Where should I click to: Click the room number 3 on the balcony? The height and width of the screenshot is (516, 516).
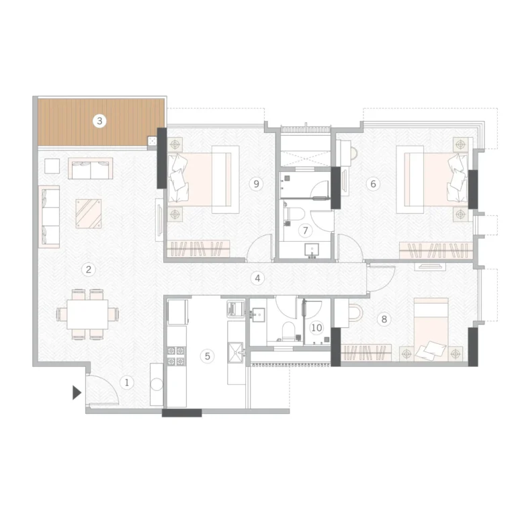click(x=99, y=121)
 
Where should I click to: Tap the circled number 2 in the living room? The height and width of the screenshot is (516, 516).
click(x=88, y=269)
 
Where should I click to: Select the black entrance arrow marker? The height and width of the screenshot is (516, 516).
click(x=77, y=392)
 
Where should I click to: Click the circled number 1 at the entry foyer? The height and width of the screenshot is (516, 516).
click(x=127, y=382)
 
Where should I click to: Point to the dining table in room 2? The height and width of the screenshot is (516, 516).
click(x=87, y=314)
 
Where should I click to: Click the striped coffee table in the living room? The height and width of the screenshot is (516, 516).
click(x=89, y=214)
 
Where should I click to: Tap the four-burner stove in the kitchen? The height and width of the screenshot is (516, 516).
click(x=177, y=356)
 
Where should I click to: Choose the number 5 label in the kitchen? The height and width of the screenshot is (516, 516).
click(x=208, y=356)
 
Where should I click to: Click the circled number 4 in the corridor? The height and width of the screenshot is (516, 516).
click(x=257, y=278)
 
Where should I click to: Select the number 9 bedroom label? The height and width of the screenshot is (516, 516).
click(x=256, y=183)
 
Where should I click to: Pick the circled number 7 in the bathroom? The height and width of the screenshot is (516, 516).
click(x=306, y=230)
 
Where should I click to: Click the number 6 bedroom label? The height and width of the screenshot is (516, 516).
click(x=373, y=183)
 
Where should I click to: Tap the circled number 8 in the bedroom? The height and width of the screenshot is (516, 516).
click(x=384, y=319)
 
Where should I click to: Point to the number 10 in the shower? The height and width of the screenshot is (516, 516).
click(x=316, y=328)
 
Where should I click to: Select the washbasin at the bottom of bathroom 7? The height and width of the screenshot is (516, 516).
click(x=312, y=250)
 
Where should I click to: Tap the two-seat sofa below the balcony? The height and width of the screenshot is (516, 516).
click(x=91, y=168)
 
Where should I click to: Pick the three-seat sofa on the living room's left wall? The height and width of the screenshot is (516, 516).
click(x=49, y=216)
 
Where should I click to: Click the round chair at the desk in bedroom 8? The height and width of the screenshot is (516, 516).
click(x=355, y=312)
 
